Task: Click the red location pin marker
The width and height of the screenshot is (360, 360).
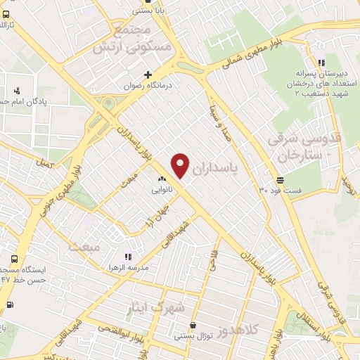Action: click(x=181, y=165)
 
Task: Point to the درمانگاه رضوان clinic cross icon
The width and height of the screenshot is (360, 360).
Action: click(x=148, y=75)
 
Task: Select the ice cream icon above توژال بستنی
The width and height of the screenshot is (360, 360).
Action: click(x=193, y=326)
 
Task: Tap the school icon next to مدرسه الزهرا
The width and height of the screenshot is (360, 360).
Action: click(x=127, y=257)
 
